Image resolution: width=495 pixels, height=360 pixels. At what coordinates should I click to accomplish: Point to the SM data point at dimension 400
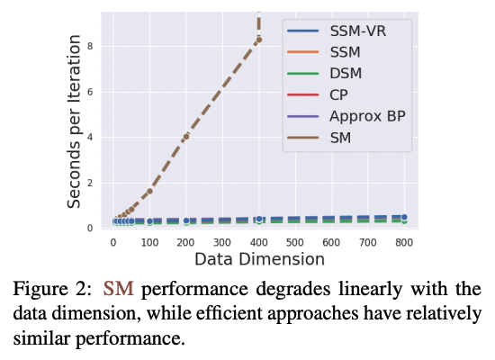pyautogui.click(x=259, y=40)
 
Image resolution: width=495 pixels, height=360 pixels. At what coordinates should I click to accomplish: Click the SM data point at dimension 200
pyautogui.click(x=186, y=137)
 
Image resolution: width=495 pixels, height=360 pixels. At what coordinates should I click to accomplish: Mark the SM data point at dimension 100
pyautogui.click(x=149, y=191)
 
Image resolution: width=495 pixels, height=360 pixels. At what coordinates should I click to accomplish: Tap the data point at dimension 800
pyautogui.click(x=404, y=218)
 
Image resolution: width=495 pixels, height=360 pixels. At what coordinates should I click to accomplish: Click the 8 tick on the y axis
pyautogui.click(x=91, y=46)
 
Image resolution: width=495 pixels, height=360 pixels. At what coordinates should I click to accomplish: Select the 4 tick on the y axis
pyautogui.click(x=91, y=137)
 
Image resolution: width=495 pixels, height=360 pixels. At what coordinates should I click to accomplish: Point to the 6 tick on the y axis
pyautogui.click(x=91, y=92)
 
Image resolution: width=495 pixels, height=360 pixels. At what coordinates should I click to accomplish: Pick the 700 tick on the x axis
pyautogui.click(x=368, y=243)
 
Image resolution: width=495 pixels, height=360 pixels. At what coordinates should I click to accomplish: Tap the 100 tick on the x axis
pyautogui.click(x=149, y=243)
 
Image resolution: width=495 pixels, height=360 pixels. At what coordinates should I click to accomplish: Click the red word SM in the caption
pyautogui.click(x=117, y=290)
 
